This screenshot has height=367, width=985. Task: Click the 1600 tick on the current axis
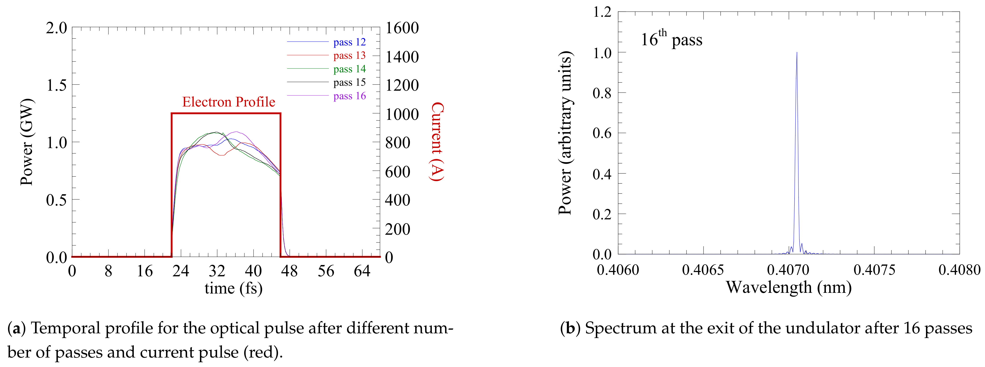(x=402, y=28)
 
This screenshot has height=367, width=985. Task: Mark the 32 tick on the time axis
(x=217, y=271)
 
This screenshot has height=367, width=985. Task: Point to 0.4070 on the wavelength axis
(x=788, y=270)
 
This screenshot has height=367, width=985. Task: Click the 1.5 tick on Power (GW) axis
(x=56, y=85)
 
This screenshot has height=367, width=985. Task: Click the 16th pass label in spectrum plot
(x=671, y=39)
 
